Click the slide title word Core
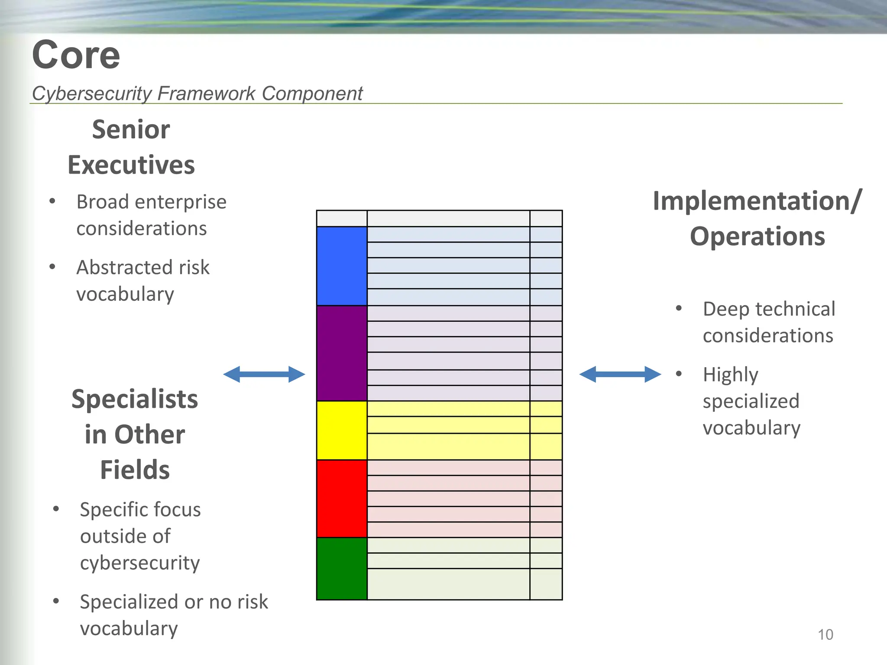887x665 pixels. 76,55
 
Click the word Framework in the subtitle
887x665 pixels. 206,94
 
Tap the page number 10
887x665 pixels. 825,635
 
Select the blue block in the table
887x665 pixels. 342,266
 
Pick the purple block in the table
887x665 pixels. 342,353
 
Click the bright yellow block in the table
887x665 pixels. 342,430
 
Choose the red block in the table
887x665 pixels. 342,499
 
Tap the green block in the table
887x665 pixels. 342,569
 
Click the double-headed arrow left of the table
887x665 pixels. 264,374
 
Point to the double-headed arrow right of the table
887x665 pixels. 620,374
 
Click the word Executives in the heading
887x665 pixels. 131,165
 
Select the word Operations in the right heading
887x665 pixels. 757,237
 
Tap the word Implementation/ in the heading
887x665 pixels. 757,201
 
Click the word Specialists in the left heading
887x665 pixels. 135,399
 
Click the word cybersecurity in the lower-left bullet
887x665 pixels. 140,563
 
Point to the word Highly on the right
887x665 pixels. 730,375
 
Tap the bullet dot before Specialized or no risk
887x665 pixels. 56,601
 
